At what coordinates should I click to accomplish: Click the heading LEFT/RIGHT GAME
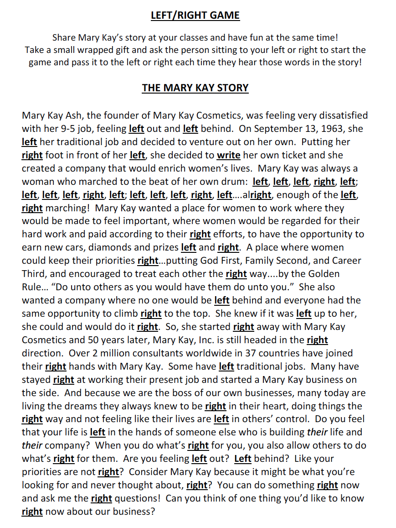[195, 16]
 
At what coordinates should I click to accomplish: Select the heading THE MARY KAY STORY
[195, 88]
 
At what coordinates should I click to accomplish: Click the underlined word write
[228, 155]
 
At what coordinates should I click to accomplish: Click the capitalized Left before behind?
[243, 459]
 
